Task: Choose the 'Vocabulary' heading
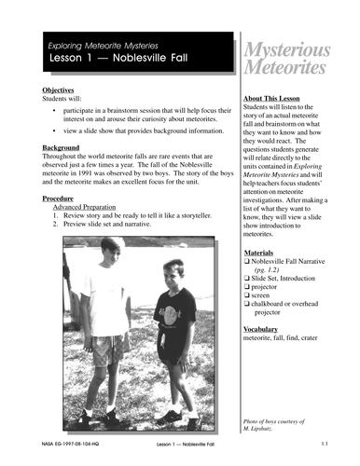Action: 262,329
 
